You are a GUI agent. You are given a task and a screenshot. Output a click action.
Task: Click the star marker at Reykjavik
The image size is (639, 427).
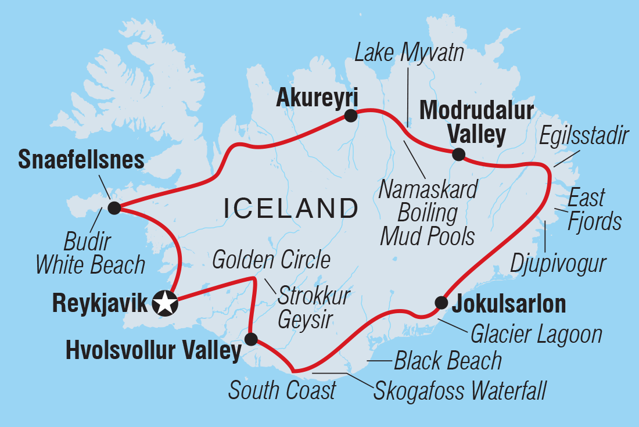pyautogui.click(x=166, y=303)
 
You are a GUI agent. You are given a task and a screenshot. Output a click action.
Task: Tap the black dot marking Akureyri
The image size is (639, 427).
pyautogui.click(x=351, y=116)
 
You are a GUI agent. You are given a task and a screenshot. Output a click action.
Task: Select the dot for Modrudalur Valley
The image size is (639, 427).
pyautogui.click(x=458, y=154)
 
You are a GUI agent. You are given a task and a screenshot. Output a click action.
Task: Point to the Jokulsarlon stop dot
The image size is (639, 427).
pyautogui.click(x=441, y=302)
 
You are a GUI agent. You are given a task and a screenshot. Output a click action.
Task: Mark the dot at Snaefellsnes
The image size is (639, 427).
pyautogui.click(x=114, y=208)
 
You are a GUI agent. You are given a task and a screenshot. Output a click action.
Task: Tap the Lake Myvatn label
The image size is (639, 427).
pyautogui.click(x=410, y=53)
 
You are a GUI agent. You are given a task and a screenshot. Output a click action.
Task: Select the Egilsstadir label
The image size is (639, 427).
pyautogui.click(x=584, y=137)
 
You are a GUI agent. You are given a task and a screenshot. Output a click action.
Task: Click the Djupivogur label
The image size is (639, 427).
pyautogui.click(x=558, y=263)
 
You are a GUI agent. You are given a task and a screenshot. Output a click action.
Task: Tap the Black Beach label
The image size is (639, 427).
pyautogui.click(x=447, y=361)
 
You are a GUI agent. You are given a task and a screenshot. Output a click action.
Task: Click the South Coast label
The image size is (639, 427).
pyautogui.click(x=282, y=390)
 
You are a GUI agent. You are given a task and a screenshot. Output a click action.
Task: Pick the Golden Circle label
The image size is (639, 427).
pyautogui.click(x=271, y=260)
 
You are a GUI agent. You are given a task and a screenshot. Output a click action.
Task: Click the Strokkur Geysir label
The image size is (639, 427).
pyautogui.click(x=313, y=307)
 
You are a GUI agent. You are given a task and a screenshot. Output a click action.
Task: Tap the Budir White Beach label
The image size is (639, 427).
pyautogui.click(x=90, y=253)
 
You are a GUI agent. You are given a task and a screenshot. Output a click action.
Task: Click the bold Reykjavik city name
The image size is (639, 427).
pyautogui.click(x=100, y=303)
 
